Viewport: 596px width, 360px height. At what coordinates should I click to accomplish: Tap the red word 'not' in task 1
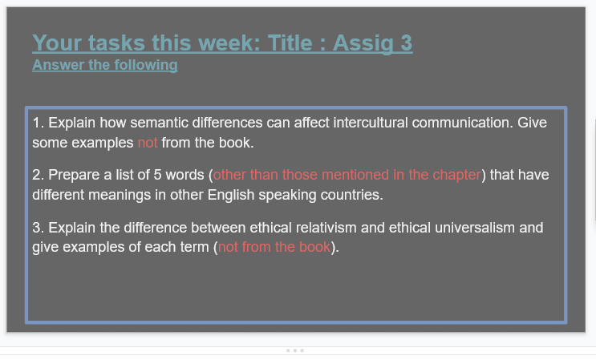coord(148,144)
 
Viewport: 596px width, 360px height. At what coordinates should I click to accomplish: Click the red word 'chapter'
coord(457,175)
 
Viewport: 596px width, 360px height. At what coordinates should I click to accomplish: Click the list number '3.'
coord(39,228)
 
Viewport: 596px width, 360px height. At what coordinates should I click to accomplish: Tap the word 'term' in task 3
coord(197,248)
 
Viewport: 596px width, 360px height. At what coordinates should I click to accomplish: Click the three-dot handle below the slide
coord(294,350)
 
